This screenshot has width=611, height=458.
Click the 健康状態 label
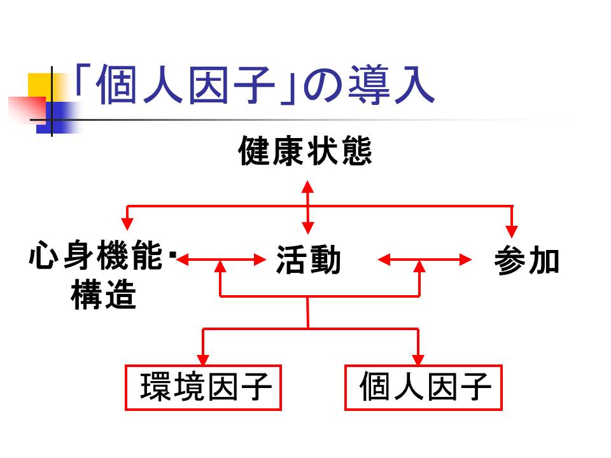pos(305,153)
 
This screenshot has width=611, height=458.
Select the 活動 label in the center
pos(309,261)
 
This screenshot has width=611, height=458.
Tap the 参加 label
pos(527,261)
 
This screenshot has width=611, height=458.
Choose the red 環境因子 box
pos(203,387)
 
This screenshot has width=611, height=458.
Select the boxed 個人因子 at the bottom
pos(424,387)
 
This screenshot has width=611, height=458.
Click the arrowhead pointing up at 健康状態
pos(308,186)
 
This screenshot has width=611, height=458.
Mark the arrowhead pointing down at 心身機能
pos(128,223)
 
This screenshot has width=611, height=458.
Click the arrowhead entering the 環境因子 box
pos(203,359)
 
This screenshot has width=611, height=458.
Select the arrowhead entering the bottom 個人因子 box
pos(418,359)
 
